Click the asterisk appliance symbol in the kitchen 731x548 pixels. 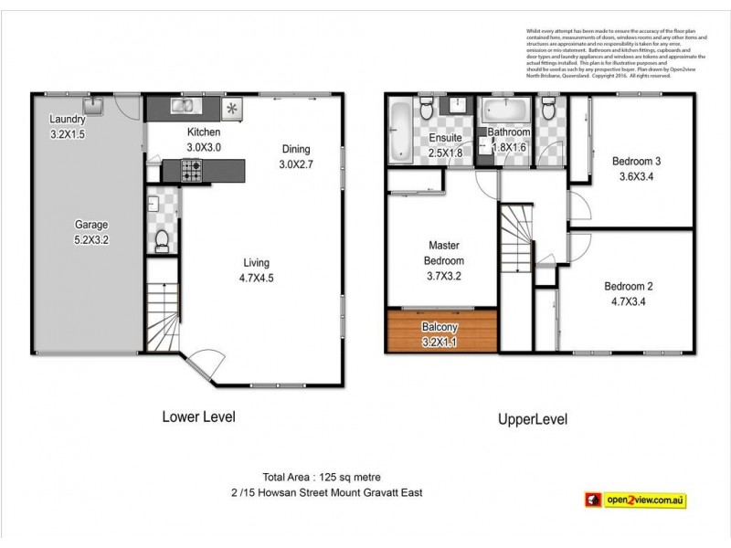pos(231,110)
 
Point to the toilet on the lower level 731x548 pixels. pos(161,239)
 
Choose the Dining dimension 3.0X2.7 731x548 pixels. pos(295,164)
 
